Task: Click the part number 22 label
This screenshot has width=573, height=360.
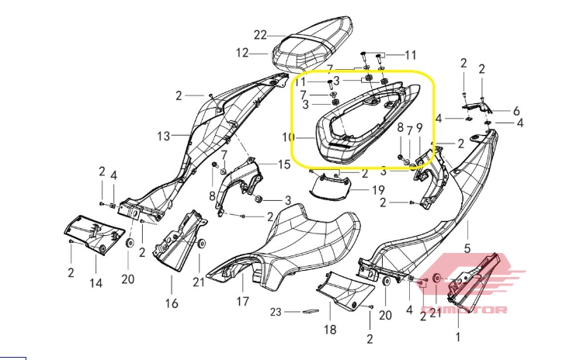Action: [x=260, y=35]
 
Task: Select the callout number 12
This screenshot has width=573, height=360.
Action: [x=242, y=53]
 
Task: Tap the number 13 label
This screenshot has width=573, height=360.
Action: [x=164, y=137]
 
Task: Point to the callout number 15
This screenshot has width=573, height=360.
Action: [x=284, y=164]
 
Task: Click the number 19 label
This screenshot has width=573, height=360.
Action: [x=378, y=190]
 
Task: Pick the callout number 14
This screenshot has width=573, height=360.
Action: [x=95, y=283]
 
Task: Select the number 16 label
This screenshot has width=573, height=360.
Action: [x=172, y=303]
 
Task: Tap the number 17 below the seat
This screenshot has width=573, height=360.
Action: [x=243, y=302]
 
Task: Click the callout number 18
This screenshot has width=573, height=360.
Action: [x=330, y=330]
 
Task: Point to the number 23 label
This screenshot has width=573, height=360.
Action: [x=276, y=312]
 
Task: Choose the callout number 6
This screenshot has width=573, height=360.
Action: [x=516, y=111]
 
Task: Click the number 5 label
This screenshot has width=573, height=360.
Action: [x=467, y=248]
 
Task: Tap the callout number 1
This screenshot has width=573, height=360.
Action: [x=458, y=337]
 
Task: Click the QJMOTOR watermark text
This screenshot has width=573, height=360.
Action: [x=464, y=310]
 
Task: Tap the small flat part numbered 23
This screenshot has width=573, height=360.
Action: [x=311, y=311]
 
